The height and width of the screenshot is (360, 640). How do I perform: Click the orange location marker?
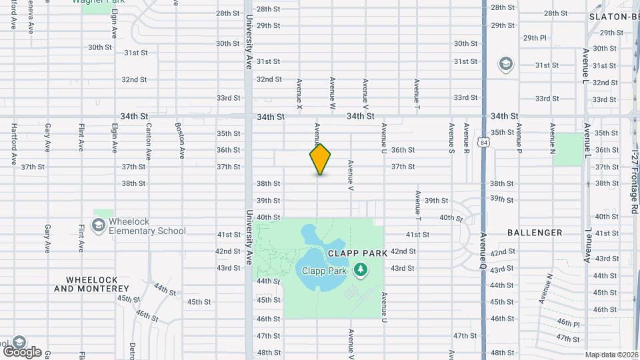[320, 159]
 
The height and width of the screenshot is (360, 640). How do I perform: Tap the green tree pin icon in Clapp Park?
[361, 270]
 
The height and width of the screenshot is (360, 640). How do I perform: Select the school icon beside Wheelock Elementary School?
[99, 225]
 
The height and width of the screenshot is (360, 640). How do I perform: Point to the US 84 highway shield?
[483, 142]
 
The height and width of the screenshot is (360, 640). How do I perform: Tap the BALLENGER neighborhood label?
[535, 233]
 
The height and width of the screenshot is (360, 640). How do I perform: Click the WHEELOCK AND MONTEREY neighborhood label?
[91, 284]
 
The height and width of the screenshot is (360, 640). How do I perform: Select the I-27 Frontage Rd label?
[633, 181]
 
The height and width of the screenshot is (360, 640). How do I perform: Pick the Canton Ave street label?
[148, 141]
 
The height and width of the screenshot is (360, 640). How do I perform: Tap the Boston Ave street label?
[181, 141]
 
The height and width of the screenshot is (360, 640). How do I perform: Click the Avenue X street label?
[299, 94]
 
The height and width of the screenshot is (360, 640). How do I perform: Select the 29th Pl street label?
[535, 37]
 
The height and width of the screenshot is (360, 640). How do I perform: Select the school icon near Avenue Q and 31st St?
[506, 64]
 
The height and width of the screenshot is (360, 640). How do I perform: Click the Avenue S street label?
[451, 139]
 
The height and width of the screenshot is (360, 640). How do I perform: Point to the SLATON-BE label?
[614, 17]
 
